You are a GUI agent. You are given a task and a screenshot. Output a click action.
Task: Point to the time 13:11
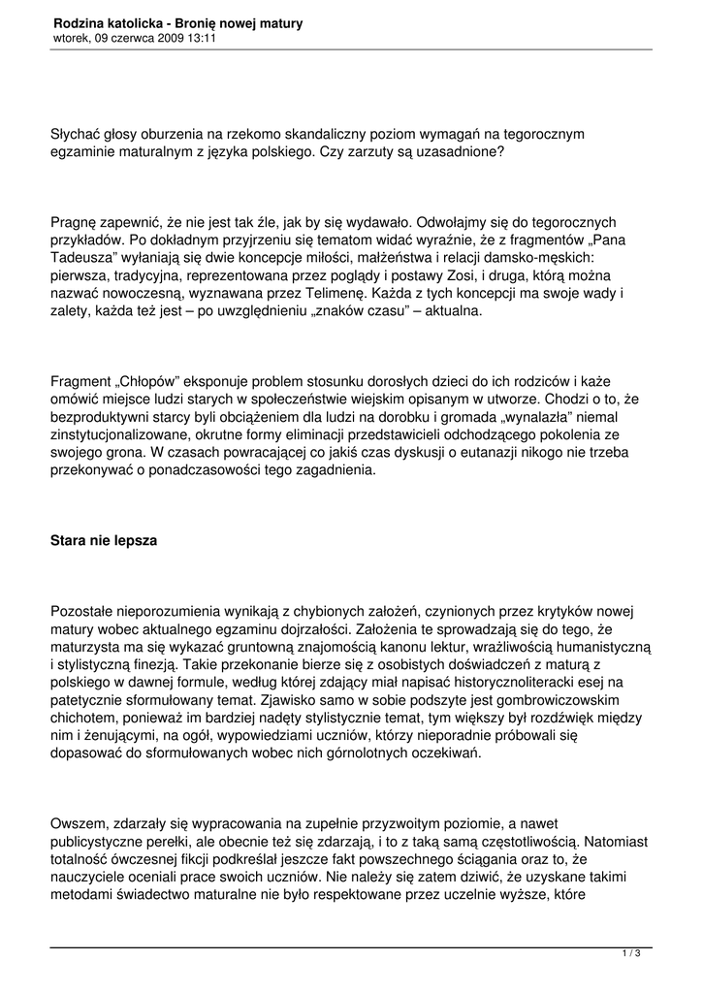202,38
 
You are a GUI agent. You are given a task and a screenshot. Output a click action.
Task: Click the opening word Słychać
80,134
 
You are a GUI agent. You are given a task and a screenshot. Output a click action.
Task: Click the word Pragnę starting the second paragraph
77,222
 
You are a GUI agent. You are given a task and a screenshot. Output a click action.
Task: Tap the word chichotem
83,719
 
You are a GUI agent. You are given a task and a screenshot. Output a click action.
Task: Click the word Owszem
80,823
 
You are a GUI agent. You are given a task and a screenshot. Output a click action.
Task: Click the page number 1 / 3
631,954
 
